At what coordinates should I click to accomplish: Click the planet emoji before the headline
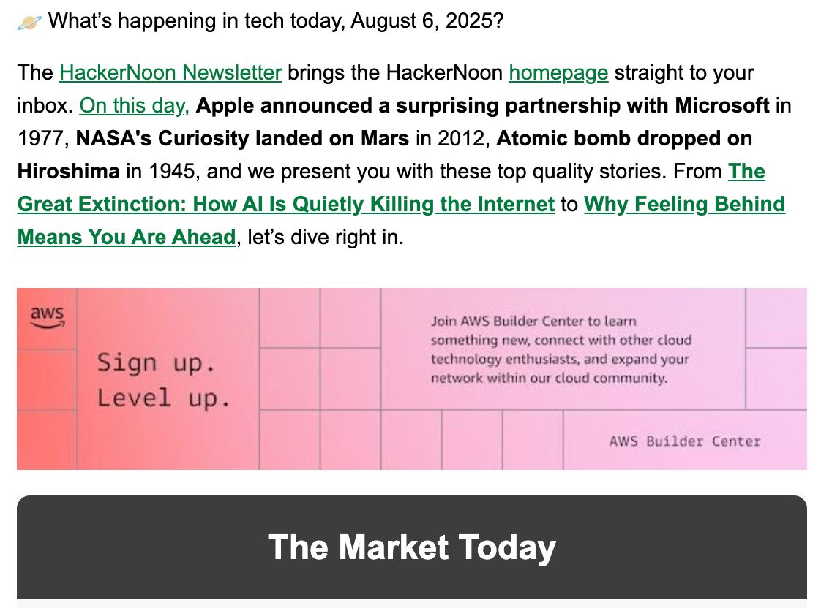pyautogui.click(x=29, y=23)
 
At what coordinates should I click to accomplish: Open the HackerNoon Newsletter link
pyautogui.click(x=170, y=72)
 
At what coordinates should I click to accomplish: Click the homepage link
pyautogui.click(x=559, y=73)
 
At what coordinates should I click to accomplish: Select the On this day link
pyautogui.click(x=135, y=106)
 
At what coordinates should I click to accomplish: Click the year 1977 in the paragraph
pyautogui.click(x=40, y=139)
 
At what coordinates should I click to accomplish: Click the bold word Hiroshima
pyautogui.click(x=69, y=172)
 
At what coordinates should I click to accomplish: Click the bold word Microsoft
pyautogui.click(x=722, y=106)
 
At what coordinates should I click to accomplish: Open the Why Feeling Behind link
pyautogui.click(x=401, y=221)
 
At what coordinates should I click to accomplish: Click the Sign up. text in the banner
pyautogui.click(x=156, y=362)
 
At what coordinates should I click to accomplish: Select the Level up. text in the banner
pyautogui.click(x=163, y=398)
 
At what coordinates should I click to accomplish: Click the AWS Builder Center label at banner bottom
pyautogui.click(x=684, y=441)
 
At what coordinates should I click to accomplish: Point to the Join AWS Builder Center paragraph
pyautogui.click(x=561, y=349)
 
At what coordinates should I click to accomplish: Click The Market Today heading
pyautogui.click(x=411, y=547)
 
